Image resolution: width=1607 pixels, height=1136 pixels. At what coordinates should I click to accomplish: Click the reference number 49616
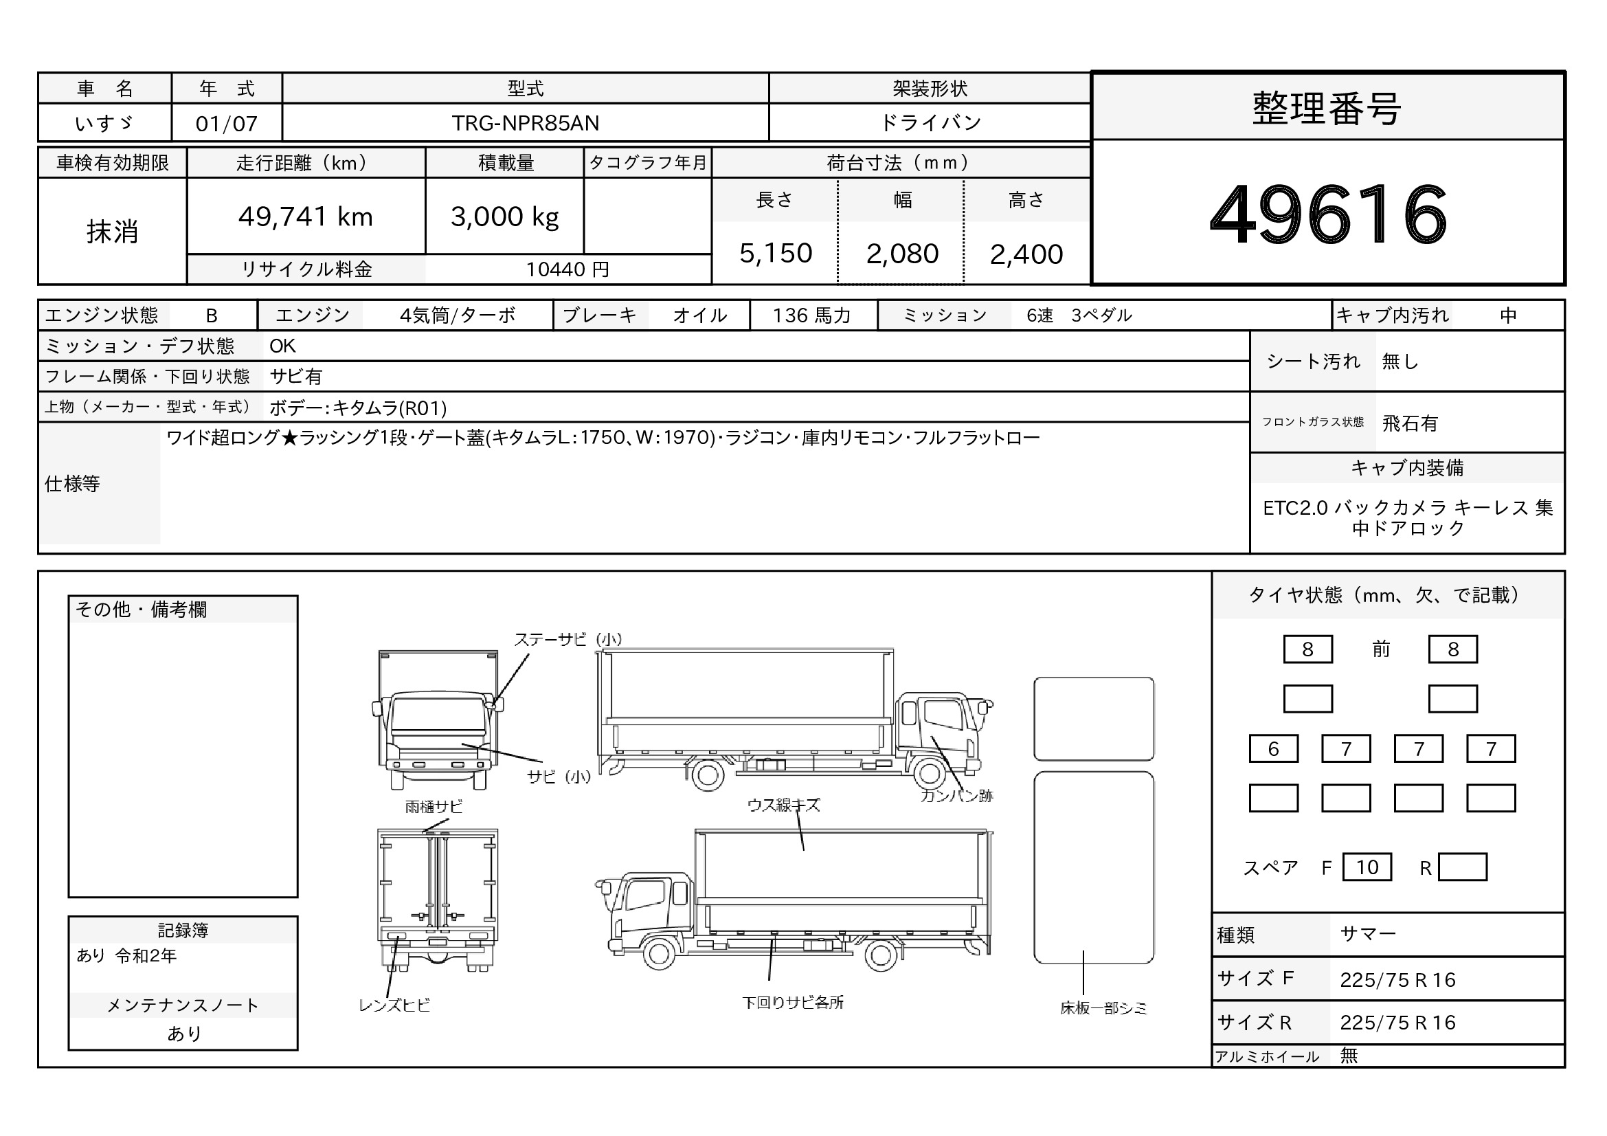click(1328, 214)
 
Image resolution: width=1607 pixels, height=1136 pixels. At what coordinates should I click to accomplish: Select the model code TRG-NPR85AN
click(525, 123)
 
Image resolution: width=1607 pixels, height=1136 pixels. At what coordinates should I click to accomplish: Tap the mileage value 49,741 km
click(306, 217)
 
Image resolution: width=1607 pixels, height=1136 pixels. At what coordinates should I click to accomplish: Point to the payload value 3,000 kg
click(505, 218)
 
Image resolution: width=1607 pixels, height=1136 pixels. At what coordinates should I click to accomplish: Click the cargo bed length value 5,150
click(776, 254)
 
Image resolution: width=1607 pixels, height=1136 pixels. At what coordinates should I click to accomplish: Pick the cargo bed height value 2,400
click(1026, 254)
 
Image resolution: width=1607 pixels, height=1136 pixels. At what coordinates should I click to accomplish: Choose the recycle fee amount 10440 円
click(567, 269)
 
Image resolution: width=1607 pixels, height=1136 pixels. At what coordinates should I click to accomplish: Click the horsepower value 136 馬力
click(812, 315)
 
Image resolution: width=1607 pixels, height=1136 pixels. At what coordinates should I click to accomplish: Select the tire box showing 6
click(1273, 749)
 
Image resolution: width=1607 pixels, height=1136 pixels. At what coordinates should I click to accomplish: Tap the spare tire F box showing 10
click(1367, 867)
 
